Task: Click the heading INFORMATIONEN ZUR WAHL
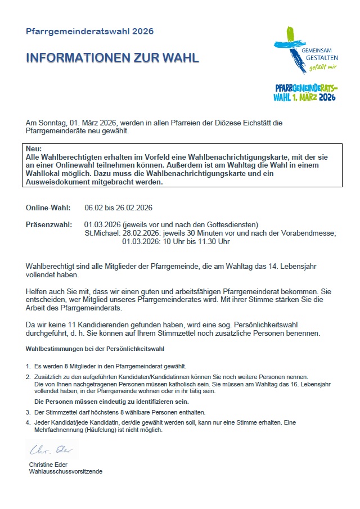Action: pos(112,58)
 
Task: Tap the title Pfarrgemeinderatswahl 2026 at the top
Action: pos(89,31)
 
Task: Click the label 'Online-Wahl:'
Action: pos(48,208)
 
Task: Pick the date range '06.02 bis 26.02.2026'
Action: pos(119,208)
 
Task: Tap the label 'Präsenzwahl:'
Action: pos(48,225)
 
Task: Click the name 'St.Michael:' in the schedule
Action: pos(101,233)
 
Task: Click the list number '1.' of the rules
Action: pos(28,366)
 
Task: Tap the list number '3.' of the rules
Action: pos(28,412)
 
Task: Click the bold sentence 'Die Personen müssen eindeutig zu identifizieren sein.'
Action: pos(111,402)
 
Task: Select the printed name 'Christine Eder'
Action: pos(49,465)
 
